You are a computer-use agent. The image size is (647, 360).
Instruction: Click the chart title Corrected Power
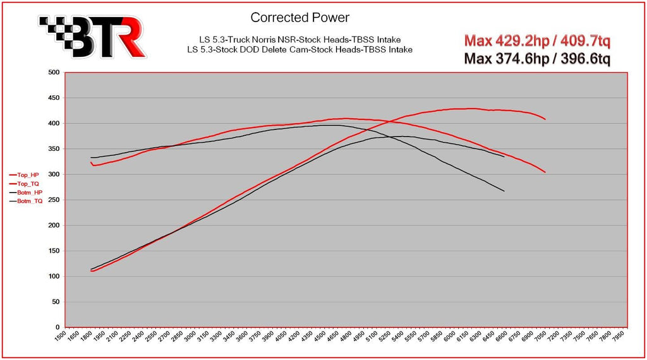coord(299,17)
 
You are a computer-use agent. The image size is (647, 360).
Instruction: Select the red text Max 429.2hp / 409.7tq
coord(537,41)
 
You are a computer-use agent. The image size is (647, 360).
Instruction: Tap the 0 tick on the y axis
coord(57,327)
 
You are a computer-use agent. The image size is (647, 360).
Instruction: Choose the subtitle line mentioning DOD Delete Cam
coord(300,49)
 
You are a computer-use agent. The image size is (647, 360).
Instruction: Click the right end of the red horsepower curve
coord(545,119)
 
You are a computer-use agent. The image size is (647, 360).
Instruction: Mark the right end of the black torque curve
coord(504,191)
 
